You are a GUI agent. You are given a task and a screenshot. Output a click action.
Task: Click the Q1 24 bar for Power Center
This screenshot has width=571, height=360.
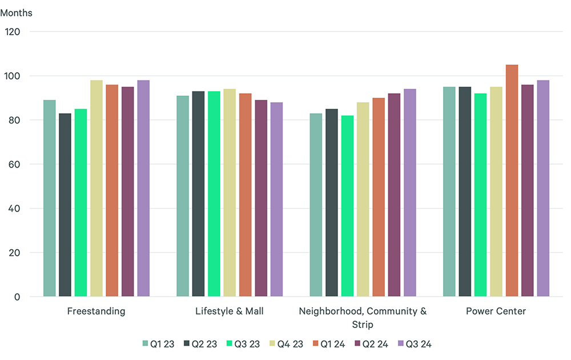point(512,181)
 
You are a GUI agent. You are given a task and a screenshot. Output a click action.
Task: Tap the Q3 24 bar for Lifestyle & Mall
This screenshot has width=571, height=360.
point(276,199)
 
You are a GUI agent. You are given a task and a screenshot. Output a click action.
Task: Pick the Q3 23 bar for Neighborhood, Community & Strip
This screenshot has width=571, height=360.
point(347,206)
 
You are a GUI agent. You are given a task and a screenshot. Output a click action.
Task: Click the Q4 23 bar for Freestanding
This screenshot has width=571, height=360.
point(96,188)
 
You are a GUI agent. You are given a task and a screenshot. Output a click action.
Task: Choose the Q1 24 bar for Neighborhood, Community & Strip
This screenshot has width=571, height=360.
point(379,197)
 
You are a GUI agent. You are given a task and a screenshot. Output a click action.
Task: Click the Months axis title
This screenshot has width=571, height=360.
point(17,13)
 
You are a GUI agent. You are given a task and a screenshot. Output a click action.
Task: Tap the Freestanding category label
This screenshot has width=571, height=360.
point(96,311)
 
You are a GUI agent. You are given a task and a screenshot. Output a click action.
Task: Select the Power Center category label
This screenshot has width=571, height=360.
point(496,311)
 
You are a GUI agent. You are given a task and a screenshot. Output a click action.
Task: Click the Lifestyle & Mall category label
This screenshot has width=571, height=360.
point(230,311)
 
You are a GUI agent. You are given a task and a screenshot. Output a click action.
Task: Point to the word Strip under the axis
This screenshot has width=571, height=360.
point(363,325)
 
